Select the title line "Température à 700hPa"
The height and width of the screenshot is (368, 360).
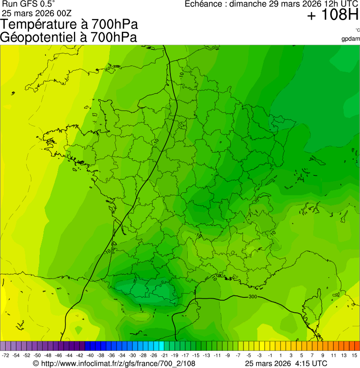click(x=70, y=24)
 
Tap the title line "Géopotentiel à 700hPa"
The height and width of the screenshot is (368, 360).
click(x=69, y=37)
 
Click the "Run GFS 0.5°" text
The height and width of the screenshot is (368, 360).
click(x=29, y=4)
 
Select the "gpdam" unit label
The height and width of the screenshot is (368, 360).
click(x=351, y=39)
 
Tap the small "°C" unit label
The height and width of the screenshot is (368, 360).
click(x=357, y=30)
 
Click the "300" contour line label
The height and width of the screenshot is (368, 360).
click(x=253, y=297)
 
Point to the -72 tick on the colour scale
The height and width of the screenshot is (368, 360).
click(x=6, y=356)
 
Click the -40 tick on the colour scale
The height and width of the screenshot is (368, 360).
click(x=90, y=356)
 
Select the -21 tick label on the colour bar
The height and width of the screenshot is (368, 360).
click(x=164, y=356)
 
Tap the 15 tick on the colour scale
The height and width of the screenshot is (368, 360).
click(x=354, y=356)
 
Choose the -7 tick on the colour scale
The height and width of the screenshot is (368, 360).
click(x=238, y=356)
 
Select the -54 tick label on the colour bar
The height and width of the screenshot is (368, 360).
click(x=16, y=356)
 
